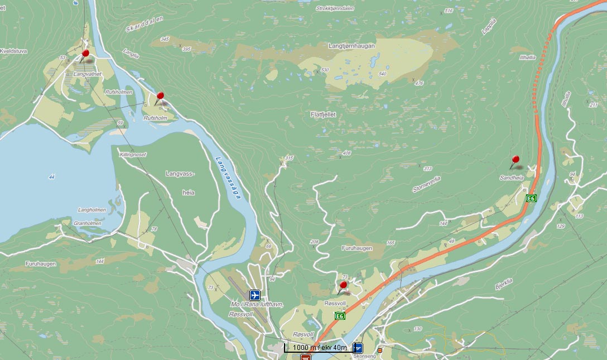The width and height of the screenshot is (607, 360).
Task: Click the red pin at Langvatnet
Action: point(85,54)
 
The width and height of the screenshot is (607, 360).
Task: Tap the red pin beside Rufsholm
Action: point(161,97)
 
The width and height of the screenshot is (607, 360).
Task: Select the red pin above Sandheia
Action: point(516,160)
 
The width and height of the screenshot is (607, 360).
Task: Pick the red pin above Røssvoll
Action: point(343,286)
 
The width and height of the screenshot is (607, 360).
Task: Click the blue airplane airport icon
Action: point(256,294)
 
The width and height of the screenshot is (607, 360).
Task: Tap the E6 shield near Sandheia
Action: point(531,198)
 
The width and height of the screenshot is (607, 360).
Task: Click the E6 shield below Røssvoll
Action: point(339,316)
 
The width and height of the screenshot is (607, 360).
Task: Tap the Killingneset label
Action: point(132,154)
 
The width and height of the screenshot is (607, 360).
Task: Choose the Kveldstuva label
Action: point(15,51)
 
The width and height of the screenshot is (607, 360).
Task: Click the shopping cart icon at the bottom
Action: point(306,356)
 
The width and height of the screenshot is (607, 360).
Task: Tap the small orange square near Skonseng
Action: point(380,351)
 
